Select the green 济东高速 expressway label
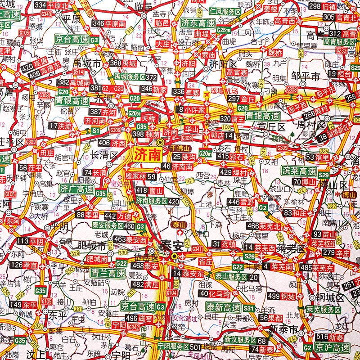click(198, 23)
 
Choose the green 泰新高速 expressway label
click(224, 308)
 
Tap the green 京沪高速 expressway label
click(332, 348)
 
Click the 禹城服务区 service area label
click(135, 77)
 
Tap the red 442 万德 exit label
click(118, 216)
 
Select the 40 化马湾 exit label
click(218, 293)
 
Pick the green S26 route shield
click(249, 256)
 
